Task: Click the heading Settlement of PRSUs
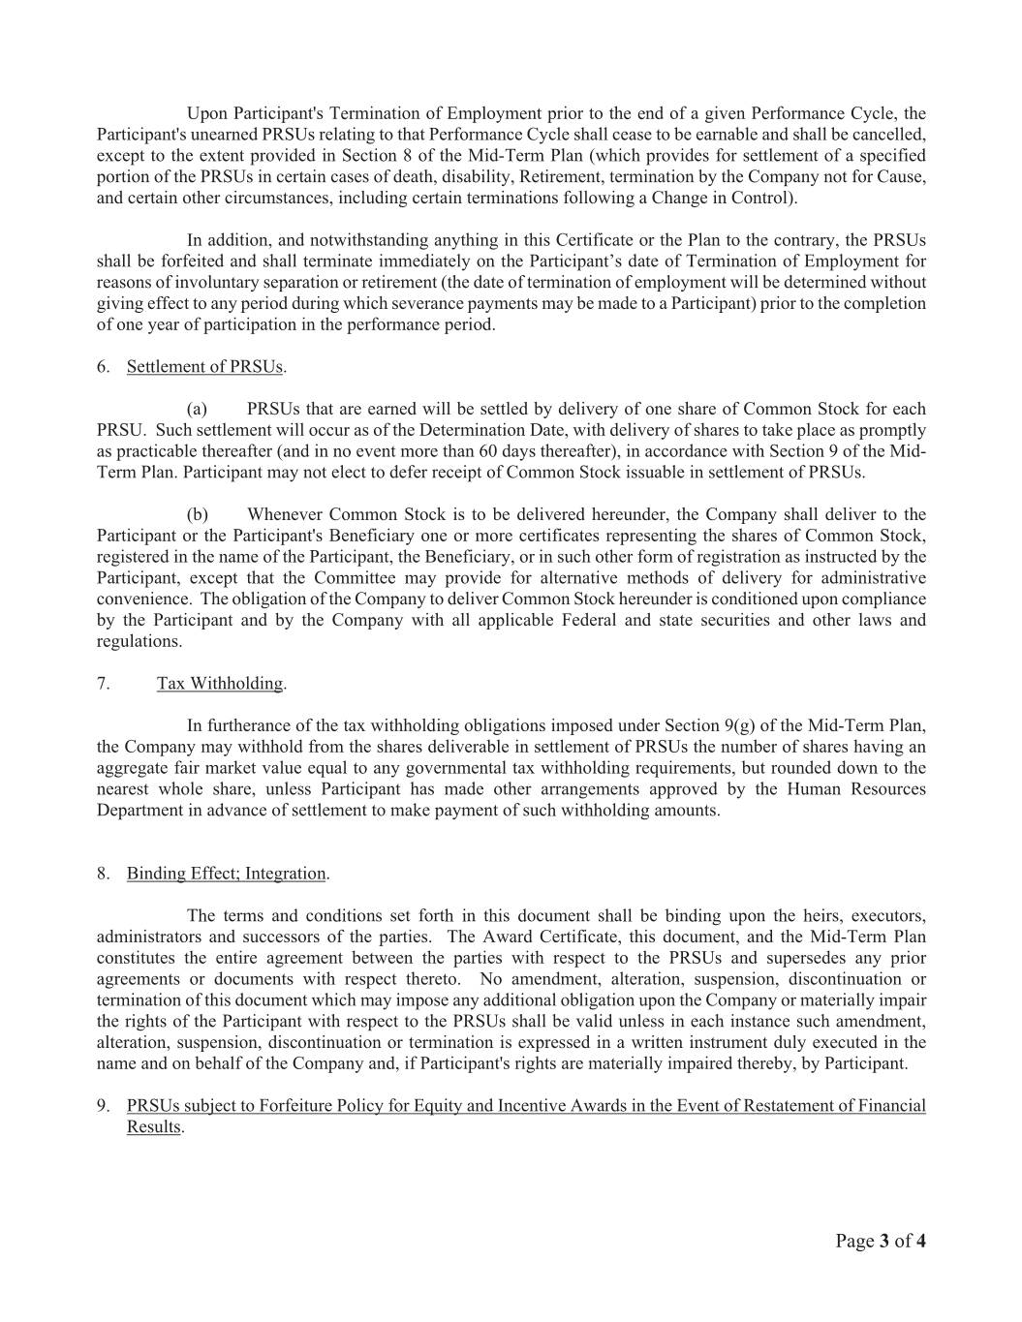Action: point(205,367)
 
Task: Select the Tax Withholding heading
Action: point(221,684)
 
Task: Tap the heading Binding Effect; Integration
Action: point(228,874)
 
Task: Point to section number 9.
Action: point(102,1106)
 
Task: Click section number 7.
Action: point(102,684)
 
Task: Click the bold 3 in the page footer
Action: point(884,1242)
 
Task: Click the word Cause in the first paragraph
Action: point(901,177)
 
